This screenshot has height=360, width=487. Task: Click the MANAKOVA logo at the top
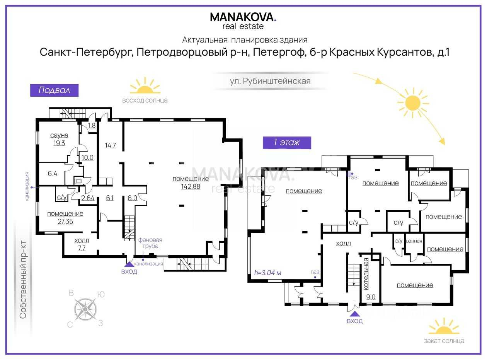tap(243, 21)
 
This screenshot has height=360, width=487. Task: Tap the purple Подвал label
tap(54, 90)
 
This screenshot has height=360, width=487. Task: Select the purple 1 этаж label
tap(287, 143)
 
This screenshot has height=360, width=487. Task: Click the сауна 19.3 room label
tap(59, 139)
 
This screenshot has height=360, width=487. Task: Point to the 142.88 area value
tap(191, 186)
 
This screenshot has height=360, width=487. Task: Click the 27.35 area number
tap(65, 222)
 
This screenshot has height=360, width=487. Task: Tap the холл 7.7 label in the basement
tap(82, 244)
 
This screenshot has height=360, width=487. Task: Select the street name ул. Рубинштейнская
tap(270, 81)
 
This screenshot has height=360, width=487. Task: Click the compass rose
tap(85, 309)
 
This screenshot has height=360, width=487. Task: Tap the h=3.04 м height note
tap(267, 273)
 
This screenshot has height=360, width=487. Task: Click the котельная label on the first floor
tap(366, 274)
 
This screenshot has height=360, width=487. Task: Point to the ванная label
tap(414, 241)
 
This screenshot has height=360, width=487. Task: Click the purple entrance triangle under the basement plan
tap(129, 264)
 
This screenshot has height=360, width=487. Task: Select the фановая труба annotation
tap(150, 243)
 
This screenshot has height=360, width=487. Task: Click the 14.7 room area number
tap(110, 145)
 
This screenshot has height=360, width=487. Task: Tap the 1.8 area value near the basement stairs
tap(92, 125)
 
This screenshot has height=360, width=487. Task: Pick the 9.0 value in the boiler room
tap(371, 297)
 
